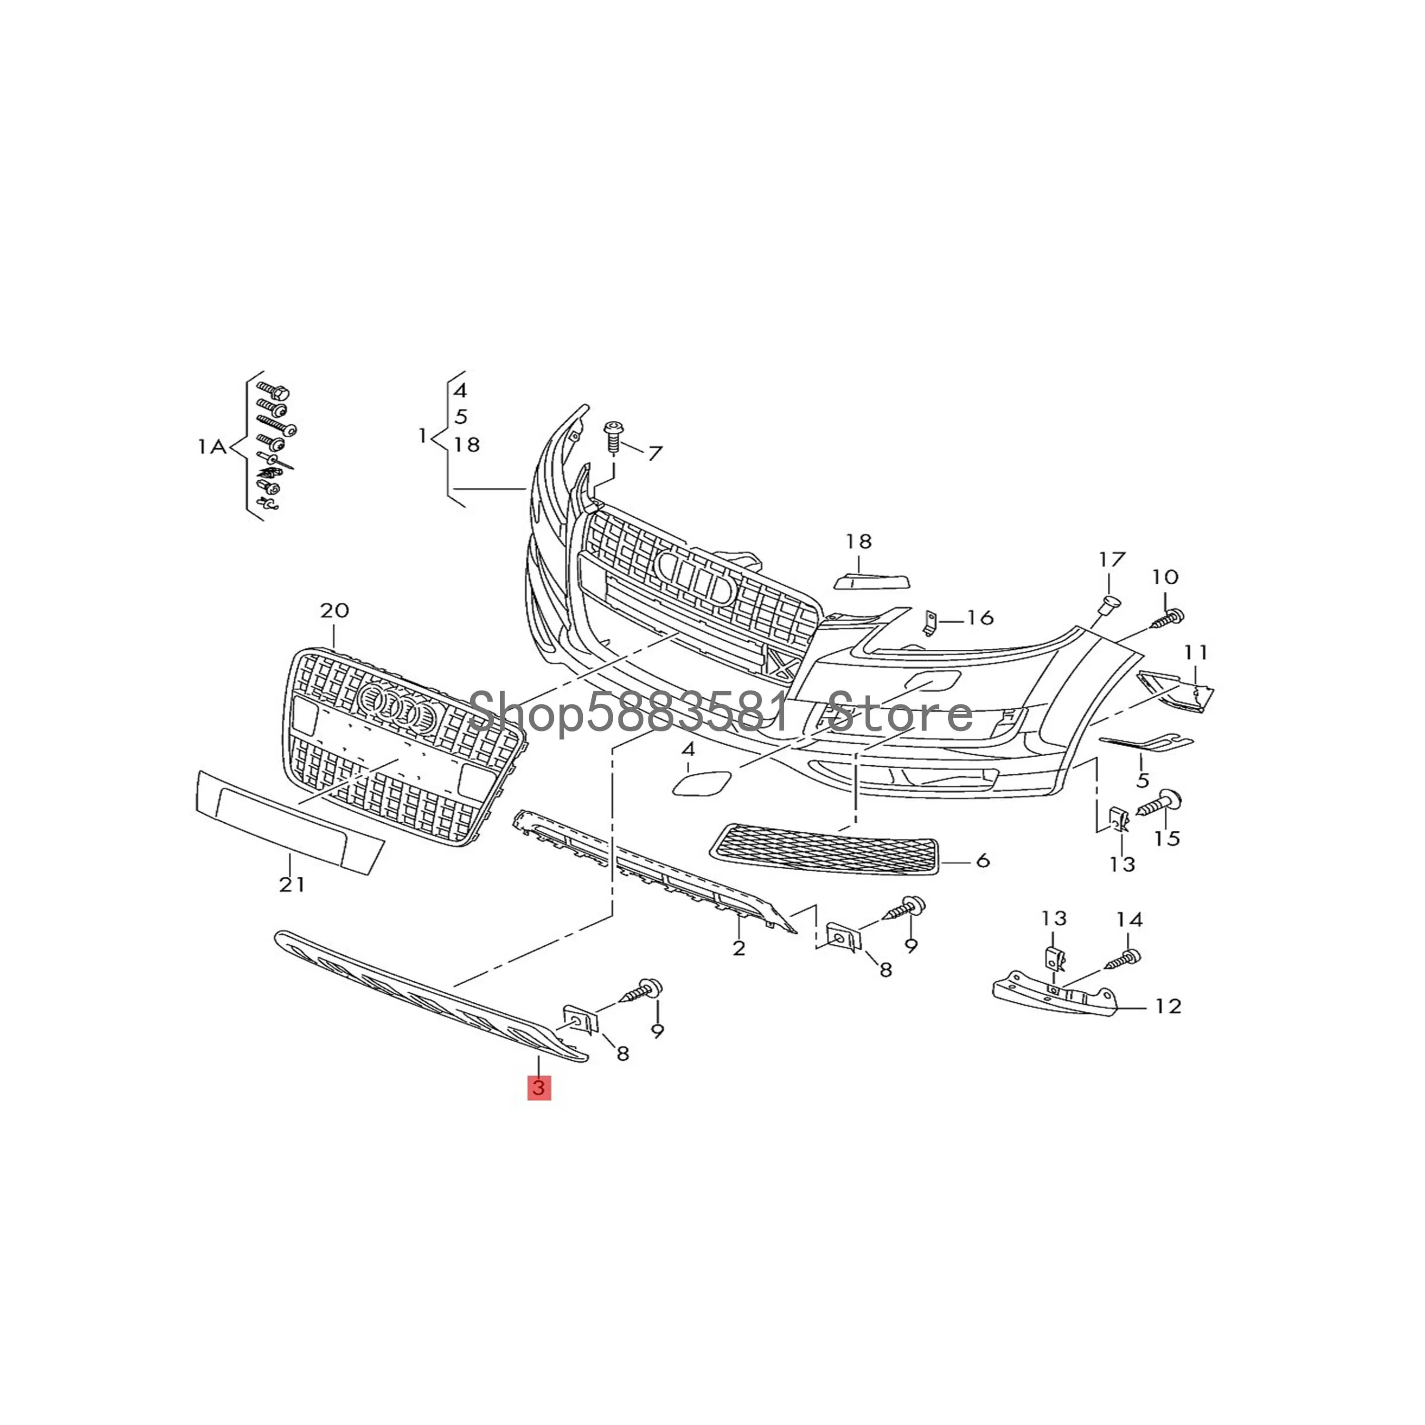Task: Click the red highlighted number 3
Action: click(539, 1088)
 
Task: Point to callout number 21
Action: click(291, 883)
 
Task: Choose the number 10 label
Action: click(1165, 577)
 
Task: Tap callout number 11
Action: click(1197, 652)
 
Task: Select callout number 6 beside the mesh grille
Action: click(982, 860)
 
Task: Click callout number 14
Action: click(1129, 920)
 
